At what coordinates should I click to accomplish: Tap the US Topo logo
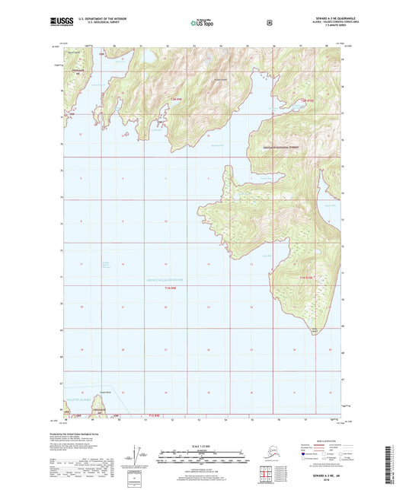point(202,24)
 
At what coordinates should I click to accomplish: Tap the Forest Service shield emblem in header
point(269,23)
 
